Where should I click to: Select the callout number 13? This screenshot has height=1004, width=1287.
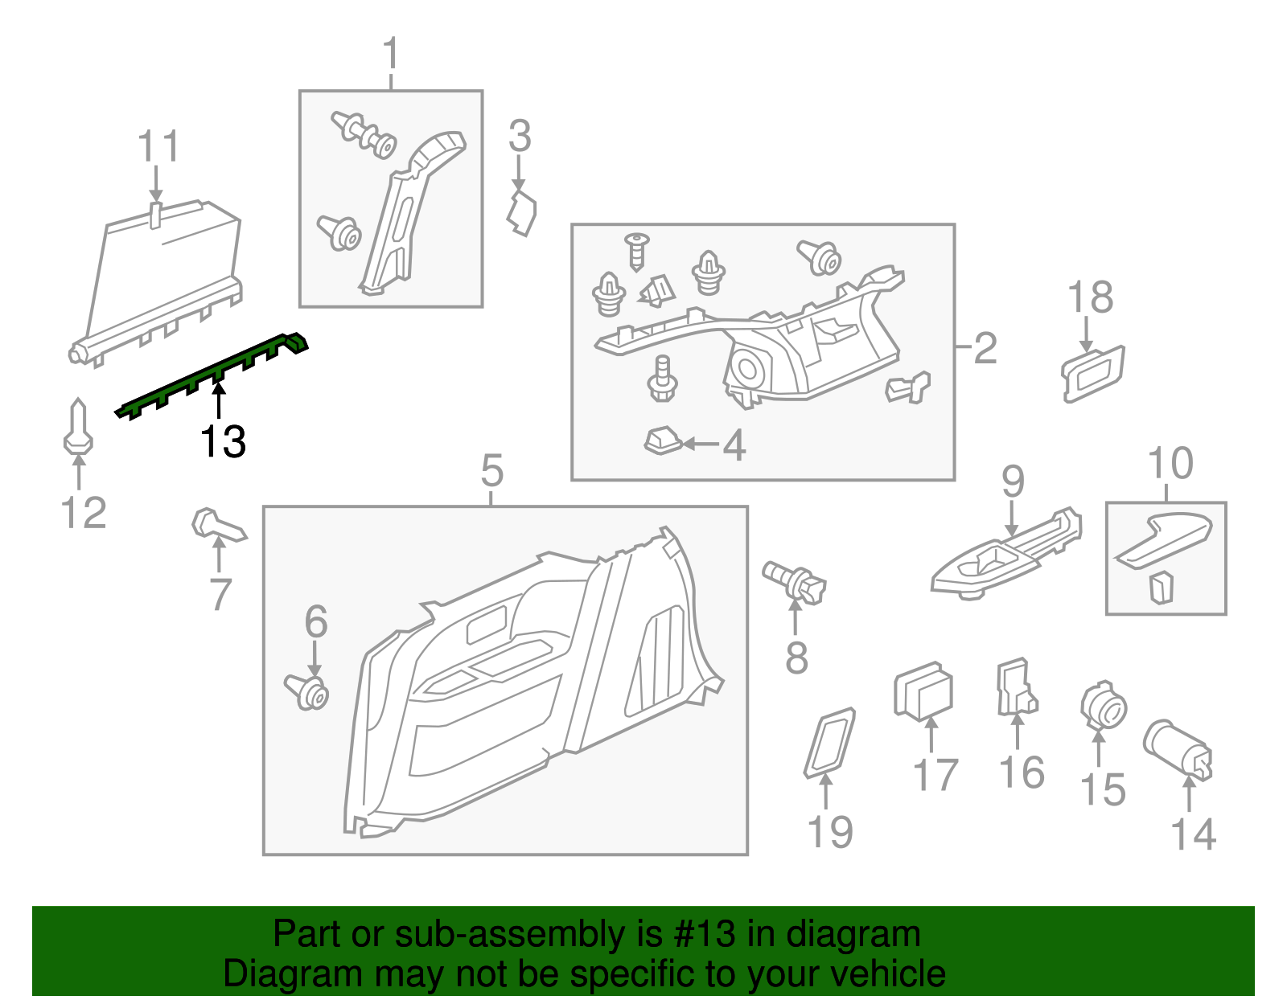(223, 441)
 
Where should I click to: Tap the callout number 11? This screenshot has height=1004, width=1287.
(158, 147)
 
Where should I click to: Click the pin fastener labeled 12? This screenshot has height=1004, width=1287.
(78, 427)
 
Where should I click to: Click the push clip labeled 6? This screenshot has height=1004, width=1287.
(309, 691)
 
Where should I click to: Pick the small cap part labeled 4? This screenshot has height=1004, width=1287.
(663, 441)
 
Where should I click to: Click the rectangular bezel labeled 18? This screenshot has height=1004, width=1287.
(1092, 372)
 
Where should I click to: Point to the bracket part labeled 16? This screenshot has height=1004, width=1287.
(1015, 688)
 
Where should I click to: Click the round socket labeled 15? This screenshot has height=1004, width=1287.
(1103, 706)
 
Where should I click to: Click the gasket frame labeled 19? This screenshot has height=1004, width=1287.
(829, 742)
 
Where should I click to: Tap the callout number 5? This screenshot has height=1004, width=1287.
(491, 470)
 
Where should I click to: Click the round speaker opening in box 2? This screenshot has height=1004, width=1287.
(748, 370)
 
